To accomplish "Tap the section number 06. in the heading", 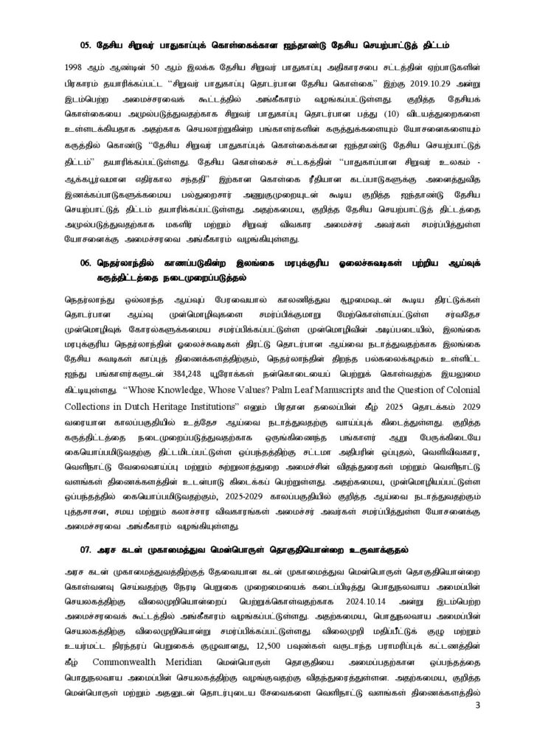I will point(86,262).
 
